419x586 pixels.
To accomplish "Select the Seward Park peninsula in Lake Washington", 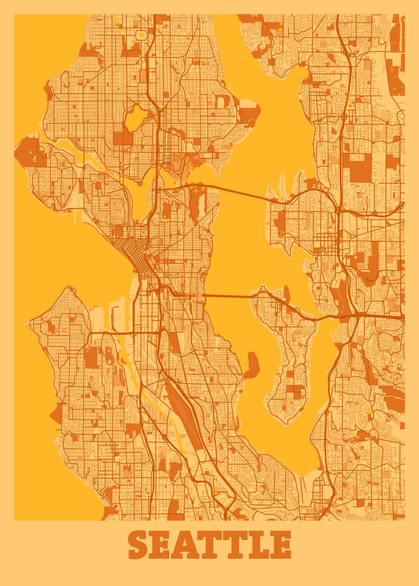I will (252, 364).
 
